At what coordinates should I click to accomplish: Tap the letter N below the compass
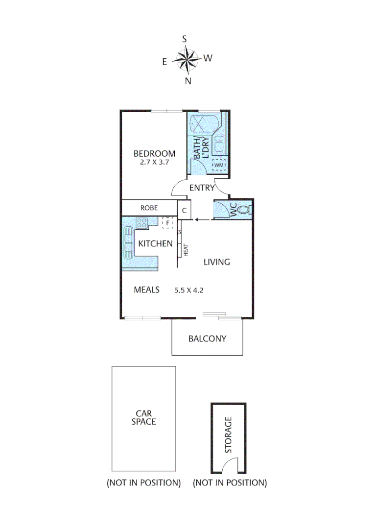click(x=187, y=81)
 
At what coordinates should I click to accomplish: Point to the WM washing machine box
click(x=219, y=166)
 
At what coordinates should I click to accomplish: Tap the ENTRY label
click(x=202, y=188)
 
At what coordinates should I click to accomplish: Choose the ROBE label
click(x=149, y=208)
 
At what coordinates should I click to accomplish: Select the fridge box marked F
click(x=168, y=223)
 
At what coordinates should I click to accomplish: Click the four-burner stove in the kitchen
click(x=142, y=223)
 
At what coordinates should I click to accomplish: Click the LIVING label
click(x=216, y=262)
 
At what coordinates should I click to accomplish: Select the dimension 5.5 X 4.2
click(x=188, y=290)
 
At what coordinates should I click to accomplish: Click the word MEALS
click(x=147, y=289)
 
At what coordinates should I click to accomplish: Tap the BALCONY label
click(x=207, y=338)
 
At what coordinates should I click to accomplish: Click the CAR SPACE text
click(x=143, y=417)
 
